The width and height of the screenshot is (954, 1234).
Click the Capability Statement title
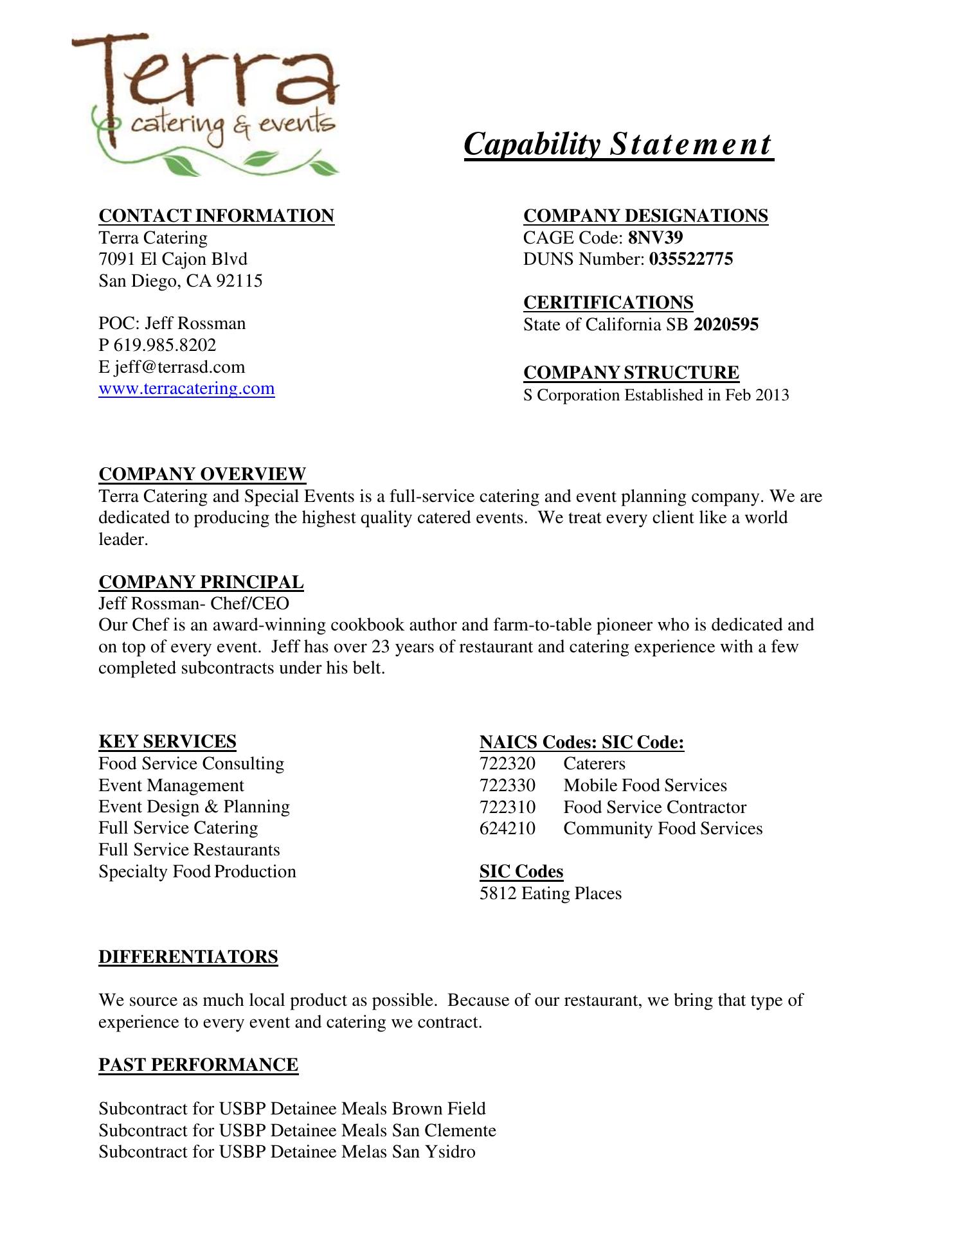(x=618, y=144)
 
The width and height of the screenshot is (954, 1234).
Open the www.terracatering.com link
(x=186, y=389)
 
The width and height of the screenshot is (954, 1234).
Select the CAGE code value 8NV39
(x=655, y=238)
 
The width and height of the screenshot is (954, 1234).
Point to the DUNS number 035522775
(x=691, y=260)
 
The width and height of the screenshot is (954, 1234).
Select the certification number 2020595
(x=726, y=325)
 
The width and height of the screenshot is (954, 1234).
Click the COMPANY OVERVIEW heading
(x=203, y=474)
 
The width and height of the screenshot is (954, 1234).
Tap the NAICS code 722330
(x=507, y=785)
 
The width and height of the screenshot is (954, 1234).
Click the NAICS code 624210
(x=507, y=828)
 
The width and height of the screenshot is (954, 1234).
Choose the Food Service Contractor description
(x=654, y=807)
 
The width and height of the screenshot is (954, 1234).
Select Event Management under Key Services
(x=171, y=785)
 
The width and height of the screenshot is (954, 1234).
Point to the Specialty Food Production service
(x=197, y=872)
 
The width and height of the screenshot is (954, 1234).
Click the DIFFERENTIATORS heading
(x=188, y=957)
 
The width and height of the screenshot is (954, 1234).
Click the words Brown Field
(x=438, y=1109)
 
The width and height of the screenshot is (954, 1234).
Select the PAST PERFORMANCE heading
(x=198, y=1065)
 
